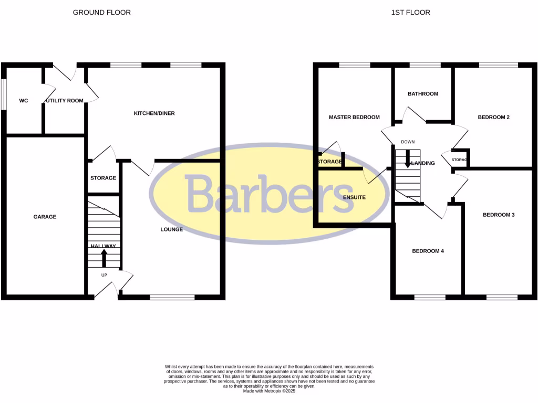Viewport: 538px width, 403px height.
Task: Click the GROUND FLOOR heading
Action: coord(102,12)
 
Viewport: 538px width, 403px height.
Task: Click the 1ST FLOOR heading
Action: coord(410,12)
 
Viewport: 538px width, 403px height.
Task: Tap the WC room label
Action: coord(24,100)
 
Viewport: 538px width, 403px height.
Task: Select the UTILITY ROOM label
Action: coord(65,100)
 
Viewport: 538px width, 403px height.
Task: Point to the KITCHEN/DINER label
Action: coord(154,113)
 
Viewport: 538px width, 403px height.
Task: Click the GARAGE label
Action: coord(45,217)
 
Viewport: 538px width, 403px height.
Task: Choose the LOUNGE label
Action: coord(172,229)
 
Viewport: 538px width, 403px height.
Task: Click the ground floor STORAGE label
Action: coord(103,178)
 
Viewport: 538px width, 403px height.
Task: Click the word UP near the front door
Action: coord(104,274)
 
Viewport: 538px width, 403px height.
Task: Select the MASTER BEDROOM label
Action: coord(354,117)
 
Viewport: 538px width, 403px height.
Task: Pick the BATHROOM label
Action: coord(423,94)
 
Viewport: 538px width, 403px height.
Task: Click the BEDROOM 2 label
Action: coord(493,117)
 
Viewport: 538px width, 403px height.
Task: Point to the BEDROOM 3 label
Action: coord(499,215)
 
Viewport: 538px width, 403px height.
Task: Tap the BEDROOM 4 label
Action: coord(428,251)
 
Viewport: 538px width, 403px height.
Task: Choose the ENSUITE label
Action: coord(354,197)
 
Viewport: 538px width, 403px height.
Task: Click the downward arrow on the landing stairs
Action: coord(408,160)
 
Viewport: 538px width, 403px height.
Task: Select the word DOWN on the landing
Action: coord(408,142)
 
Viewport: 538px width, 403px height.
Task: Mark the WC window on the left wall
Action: coord(3,94)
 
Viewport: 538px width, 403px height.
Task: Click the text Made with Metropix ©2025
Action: coord(269,390)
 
